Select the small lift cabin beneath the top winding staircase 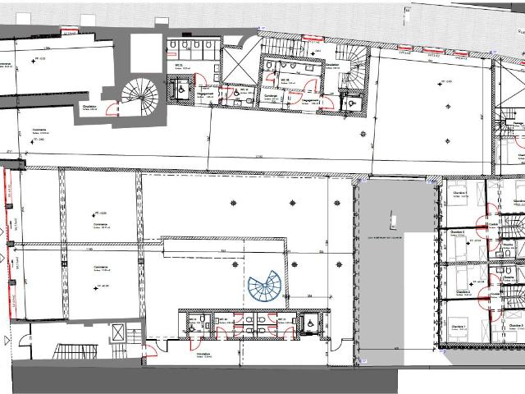pyautogui.click(x=352, y=102)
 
